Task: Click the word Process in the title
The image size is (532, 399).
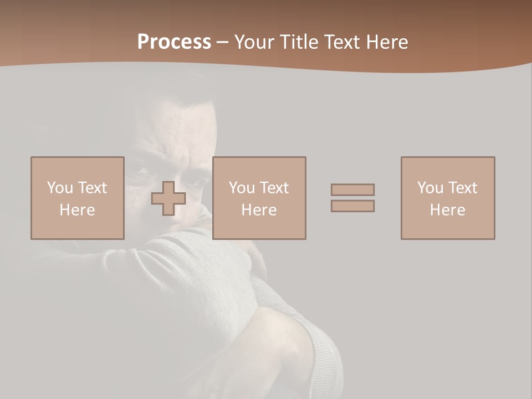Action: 174,42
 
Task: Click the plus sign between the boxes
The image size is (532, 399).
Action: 168,198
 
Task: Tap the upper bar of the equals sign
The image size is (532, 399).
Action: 352,190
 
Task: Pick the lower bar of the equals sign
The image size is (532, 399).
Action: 352,206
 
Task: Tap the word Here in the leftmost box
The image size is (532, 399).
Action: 78,210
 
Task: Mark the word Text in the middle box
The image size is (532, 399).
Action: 274,188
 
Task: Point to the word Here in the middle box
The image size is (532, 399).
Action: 259,210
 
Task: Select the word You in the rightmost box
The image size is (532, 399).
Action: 430,188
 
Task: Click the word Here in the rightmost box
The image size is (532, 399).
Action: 448,210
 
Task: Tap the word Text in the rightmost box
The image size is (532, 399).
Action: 462,188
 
